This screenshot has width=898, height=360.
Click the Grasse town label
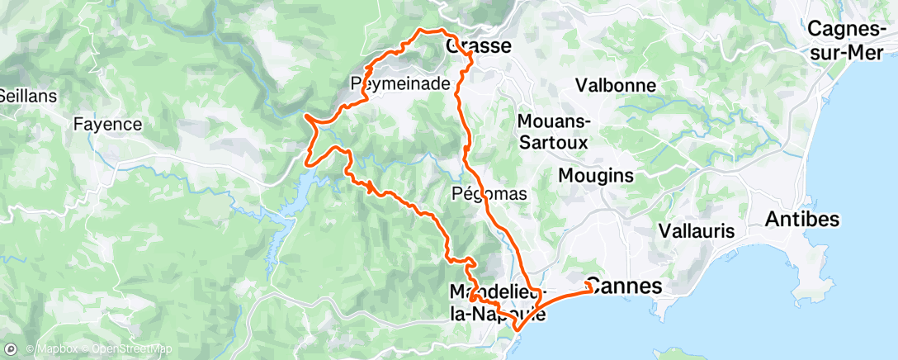(x=478, y=47)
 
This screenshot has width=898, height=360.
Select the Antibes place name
(x=802, y=219)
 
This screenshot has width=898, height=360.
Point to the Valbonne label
(x=616, y=85)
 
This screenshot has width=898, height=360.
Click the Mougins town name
(x=596, y=176)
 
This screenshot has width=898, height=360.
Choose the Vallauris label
(x=698, y=231)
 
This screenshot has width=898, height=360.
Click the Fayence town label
(x=108, y=125)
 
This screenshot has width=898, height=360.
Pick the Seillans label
(x=28, y=95)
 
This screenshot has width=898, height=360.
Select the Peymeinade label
(x=400, y=83)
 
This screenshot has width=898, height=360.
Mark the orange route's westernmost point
(x=306, y=118)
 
